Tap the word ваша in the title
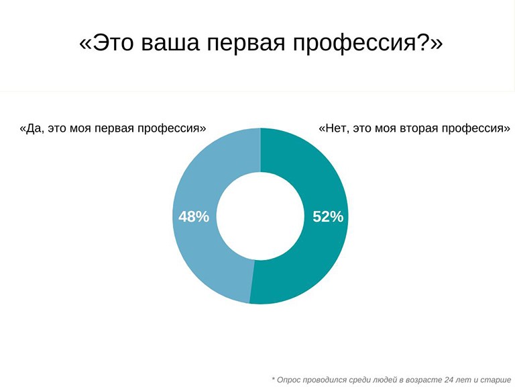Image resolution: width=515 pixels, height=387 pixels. (x=170, y=43)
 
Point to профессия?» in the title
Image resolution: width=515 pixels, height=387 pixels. (x=368, y=44)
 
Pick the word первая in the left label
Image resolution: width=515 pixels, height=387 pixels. (x=114, y=129)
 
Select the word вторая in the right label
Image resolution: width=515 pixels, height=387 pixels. (x=419, y=129)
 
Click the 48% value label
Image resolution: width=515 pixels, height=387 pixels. (x=194, y=217)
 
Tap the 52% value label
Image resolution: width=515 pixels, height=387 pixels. (x=328, y=217)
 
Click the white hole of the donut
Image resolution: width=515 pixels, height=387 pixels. (x=260, y=216)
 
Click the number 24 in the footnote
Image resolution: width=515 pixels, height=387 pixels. (x=449, y=380)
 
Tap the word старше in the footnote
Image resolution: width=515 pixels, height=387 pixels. (x=496, y=380)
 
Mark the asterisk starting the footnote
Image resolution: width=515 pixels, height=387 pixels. (x=274, y=378)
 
